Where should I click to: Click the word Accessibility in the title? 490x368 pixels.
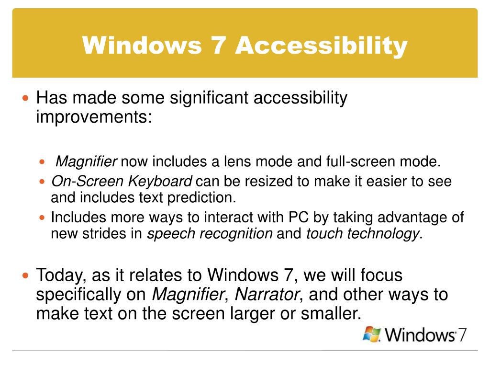click(321, 46)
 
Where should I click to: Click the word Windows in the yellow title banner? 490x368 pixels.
click(142, 46)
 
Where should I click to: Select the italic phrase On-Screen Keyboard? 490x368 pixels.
click(122, 182)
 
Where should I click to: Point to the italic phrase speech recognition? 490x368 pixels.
click(210, 233)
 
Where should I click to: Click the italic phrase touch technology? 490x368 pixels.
click(362, 233)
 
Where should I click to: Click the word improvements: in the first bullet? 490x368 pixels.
click(94, 117)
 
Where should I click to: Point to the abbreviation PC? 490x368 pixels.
click(300, 218)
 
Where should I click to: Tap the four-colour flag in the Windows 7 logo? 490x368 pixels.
click(372, 334)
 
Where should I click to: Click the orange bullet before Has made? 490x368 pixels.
click(26, 98)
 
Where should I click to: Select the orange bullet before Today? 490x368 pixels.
click(26, 276)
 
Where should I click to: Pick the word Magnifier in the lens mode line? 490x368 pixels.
click(87, 162)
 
